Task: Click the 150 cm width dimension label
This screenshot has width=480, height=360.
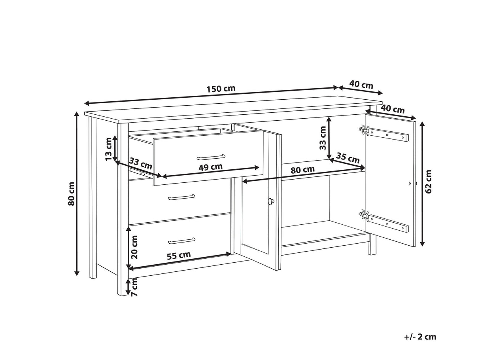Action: [x=221, y=89]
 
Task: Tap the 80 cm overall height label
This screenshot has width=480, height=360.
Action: [x=71, y=194]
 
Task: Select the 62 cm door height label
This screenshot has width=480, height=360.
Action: [x=428, y=181]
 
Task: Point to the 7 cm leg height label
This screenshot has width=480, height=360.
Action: [x=135, y=287]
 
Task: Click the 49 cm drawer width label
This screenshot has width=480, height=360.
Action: [x=210, y=167]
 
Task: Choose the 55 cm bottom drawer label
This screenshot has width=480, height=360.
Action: [x=179, y=256]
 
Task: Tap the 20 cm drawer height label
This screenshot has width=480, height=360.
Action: [x=135, y=247]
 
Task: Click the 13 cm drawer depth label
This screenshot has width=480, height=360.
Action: [x=109, y=149]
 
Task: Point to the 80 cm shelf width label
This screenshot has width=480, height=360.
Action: [x=302, y=169]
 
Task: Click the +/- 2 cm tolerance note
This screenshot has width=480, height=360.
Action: [x=420, y=337]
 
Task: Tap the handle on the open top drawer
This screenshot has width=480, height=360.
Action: [x=211, y=157]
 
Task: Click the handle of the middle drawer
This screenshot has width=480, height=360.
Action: [x=182, y=197]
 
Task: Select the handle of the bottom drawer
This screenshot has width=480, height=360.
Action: [x=182, y=241]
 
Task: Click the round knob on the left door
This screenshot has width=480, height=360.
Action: [x=271, y=201]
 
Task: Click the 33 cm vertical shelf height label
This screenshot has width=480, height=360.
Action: [x=322, y=138]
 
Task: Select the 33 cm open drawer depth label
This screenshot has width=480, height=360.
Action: [x=140, y=163]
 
